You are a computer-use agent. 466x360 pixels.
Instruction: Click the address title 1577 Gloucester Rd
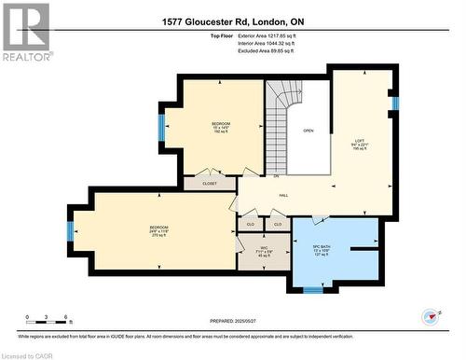[232, 21]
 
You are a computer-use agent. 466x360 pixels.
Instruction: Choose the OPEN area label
[308, 132]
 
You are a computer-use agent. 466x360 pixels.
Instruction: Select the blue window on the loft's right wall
[395, 104]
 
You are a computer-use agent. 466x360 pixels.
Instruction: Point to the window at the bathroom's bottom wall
[313, 289]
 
